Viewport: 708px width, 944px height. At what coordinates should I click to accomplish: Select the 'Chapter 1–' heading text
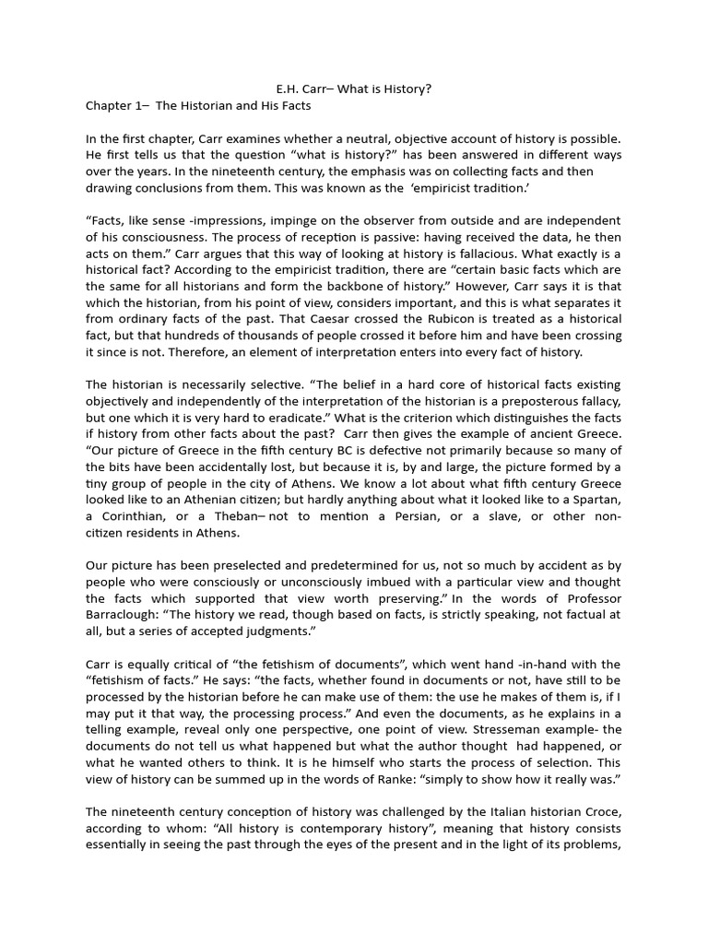116,106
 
